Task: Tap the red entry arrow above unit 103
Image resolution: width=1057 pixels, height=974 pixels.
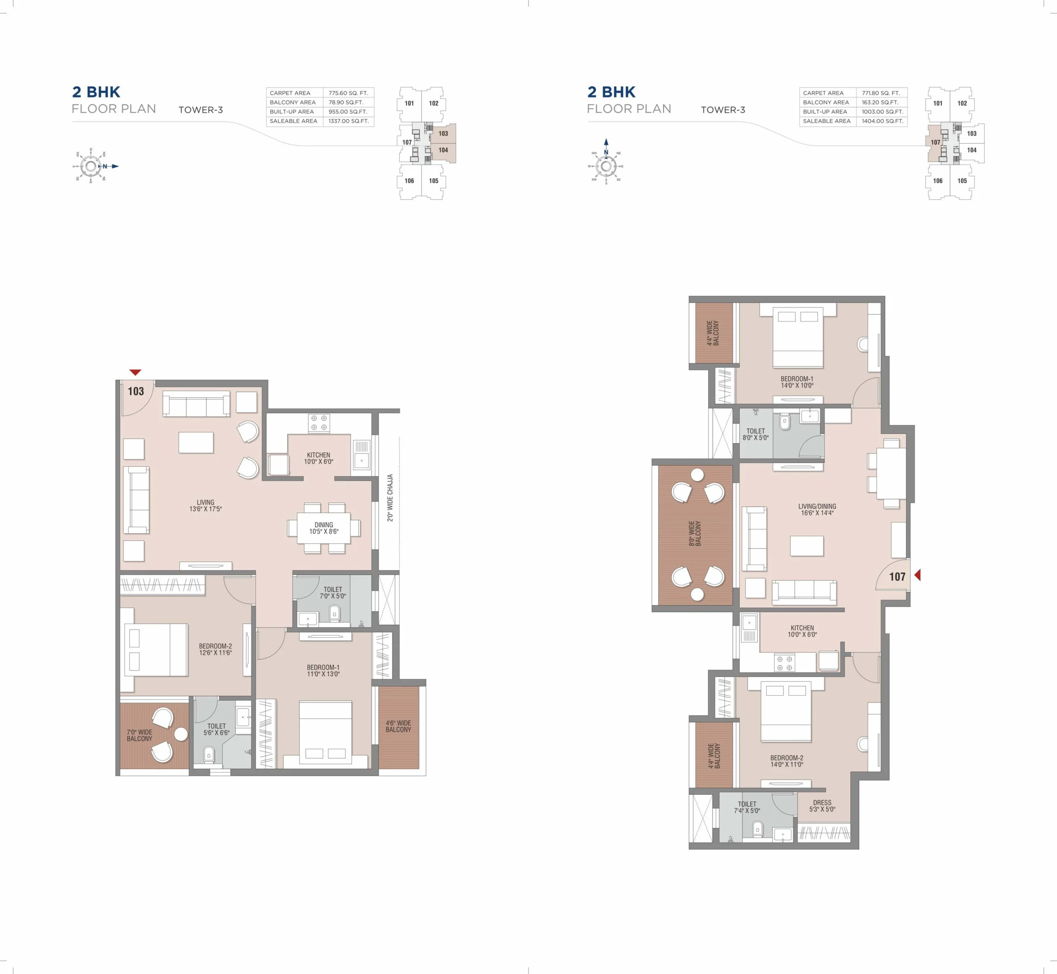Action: tap(135, 372)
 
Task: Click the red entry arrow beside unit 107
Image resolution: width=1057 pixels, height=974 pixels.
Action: tap(917, 575)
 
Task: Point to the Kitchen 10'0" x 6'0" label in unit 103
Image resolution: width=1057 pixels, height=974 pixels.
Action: tap(319, 458)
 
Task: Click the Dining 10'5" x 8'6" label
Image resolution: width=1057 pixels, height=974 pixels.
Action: tap(324, 528)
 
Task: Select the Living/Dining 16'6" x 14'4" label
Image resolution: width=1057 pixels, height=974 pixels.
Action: tap(817, 509)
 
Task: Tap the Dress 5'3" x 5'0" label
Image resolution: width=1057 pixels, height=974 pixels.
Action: tap(822, 806)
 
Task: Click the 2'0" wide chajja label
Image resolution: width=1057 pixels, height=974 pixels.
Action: tap(390, 498)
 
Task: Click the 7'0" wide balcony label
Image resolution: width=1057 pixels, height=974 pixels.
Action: tap(139, 735)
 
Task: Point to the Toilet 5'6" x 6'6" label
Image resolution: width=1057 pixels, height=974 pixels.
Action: tap(217, 729)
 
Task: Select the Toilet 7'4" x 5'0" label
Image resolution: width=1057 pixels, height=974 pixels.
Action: tap(747, 808)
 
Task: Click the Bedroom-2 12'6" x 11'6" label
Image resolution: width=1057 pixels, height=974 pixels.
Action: tap(216, 649)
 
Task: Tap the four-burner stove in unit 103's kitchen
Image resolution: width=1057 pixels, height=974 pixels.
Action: tap(319, 423)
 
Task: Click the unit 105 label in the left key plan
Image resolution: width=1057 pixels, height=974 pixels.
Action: tap(434, 181)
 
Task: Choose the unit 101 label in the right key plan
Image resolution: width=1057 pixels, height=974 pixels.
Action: tap(938, 103)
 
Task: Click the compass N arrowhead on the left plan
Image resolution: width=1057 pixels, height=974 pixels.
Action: tap(115, 166)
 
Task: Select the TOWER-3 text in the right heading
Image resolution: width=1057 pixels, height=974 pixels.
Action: tap(723, 109)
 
